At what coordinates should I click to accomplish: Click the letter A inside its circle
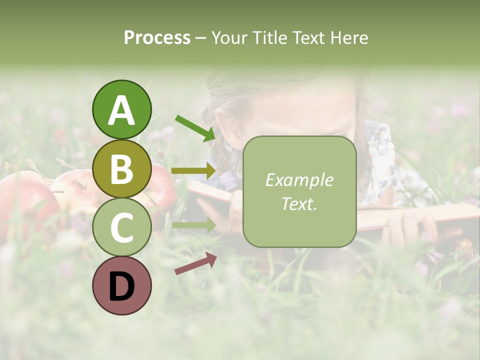[x=121, y=110]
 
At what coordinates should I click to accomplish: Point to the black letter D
[x=121, y=286]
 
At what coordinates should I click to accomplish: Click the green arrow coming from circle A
[x=195, y=127]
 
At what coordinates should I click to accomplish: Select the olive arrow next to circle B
[x=193, y=171]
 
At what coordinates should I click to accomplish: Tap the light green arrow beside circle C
[x=193, y=225]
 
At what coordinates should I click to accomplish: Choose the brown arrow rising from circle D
[x=195, y=263]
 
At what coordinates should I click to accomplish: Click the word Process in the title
[x=157, y=37]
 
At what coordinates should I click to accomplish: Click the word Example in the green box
[x=299, y=180]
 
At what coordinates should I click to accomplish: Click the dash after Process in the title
[x=201, y=38]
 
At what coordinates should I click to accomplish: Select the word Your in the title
[x=227, y=37]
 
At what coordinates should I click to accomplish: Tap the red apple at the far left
[x=22, y=200]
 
